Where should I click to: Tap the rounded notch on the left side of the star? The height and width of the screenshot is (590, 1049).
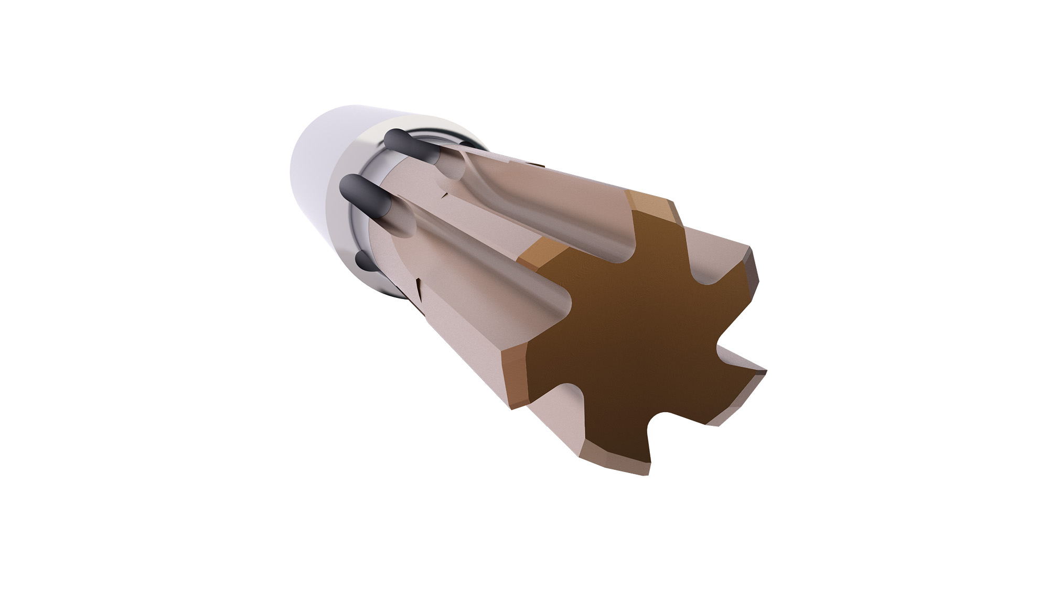pos(561,309)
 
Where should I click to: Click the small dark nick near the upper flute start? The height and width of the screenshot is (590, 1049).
pos(445,195)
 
